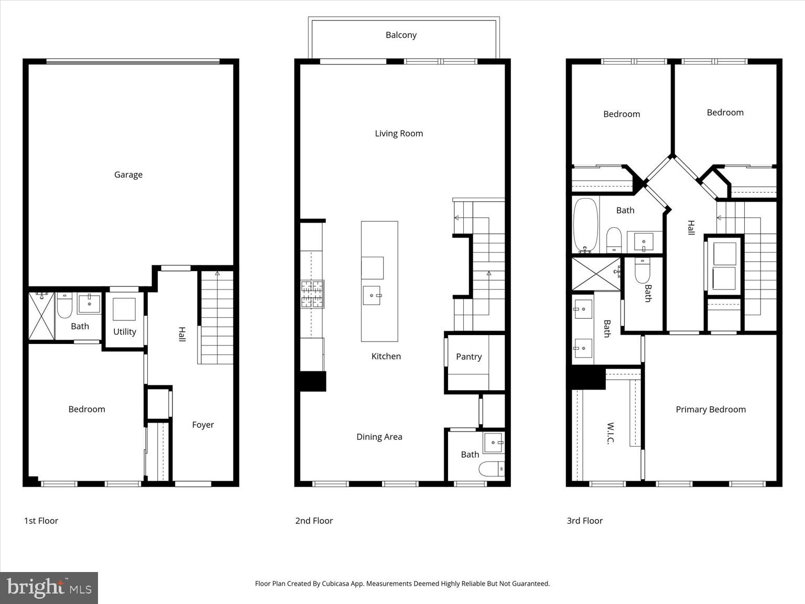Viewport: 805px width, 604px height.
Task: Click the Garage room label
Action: [x=128, y=175]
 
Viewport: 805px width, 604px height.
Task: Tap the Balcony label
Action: [x=401, y=35]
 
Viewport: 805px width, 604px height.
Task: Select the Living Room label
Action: [x=399, y=133]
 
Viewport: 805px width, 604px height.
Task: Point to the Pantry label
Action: [x=469, y=357]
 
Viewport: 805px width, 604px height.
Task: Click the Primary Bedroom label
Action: [x=710, y=409]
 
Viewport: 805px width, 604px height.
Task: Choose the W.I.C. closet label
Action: [x=610, y=433]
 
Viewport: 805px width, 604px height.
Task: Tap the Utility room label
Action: [x=125, y=332]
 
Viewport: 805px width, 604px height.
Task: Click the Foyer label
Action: [x=203, y=425]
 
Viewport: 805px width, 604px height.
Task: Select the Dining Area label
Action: [x=379, y=437]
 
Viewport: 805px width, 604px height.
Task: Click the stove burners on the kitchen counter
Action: [x=312, y=294]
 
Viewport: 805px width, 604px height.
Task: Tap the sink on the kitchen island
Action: [x=372, y=295]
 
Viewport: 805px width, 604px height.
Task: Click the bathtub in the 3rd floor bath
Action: [x=585, y=225]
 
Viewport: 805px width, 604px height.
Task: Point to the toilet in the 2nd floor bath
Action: [x=492, y=469]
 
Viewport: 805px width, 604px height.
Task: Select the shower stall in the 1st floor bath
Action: [x=41, y=316]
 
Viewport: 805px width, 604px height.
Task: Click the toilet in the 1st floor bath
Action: [x=64, y=306]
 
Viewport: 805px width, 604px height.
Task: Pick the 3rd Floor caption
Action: [x=584, y=521]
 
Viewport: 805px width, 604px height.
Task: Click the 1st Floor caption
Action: [x=41, y=521]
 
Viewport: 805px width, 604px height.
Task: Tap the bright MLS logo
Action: [x=49, y=588]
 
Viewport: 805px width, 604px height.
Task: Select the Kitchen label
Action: [x=386, y=357]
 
